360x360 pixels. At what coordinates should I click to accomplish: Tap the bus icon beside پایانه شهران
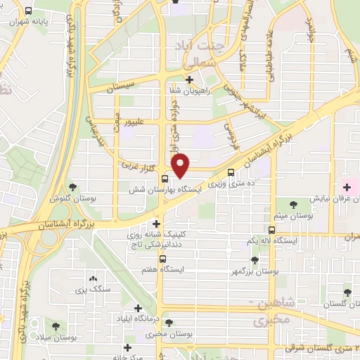point(27,11)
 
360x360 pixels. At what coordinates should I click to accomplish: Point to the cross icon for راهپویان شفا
point(191,79)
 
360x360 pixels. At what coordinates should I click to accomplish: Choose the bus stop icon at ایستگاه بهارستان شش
point(165,178)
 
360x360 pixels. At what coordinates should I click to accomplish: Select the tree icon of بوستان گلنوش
point(72,187)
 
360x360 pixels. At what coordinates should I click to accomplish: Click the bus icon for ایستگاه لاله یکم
point(272,229)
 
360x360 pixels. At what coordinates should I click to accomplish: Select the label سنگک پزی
point(89,289)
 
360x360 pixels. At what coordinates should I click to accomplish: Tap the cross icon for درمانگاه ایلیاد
point(138,308)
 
